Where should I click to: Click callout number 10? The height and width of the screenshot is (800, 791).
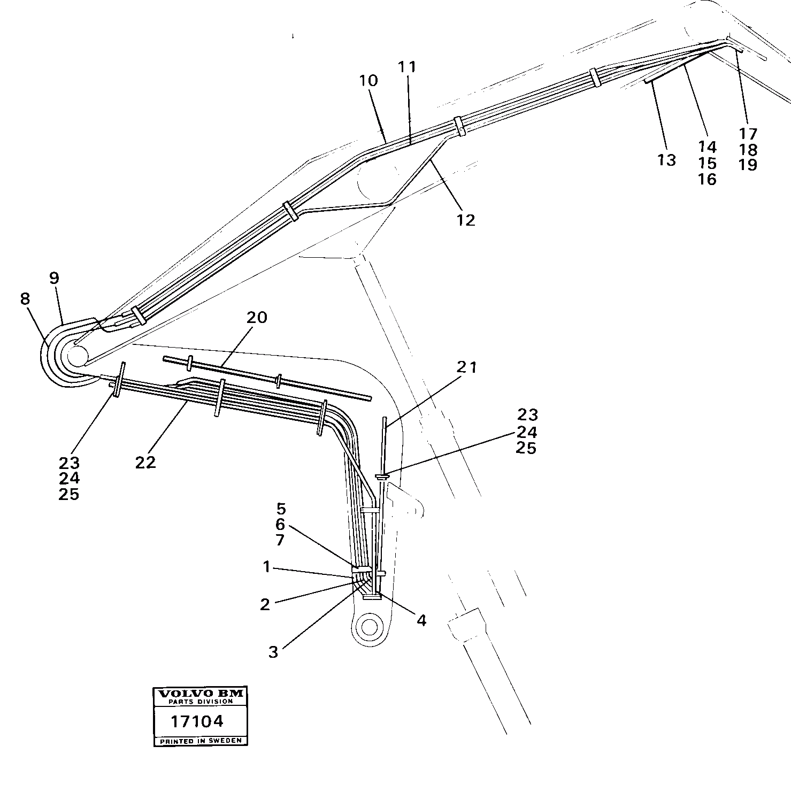pos(368,81)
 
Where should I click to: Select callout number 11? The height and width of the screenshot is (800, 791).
pos(407,67)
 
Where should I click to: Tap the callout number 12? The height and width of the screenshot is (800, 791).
pos(466,220)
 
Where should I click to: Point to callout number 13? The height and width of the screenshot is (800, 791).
pos(667,160)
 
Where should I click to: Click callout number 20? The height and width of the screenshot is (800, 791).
pos(257,318)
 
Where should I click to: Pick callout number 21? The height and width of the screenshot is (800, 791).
pos(467,367)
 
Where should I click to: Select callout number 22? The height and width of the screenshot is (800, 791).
pos(145,462)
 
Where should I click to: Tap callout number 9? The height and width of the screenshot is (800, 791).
pos(53,278)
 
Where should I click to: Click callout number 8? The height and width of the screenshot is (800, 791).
pos(25,299)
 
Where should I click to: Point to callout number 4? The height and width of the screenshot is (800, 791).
pos(421,620)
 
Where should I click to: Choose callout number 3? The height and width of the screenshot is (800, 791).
pos(273,652)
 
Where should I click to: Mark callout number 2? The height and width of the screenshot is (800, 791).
pos(265,604)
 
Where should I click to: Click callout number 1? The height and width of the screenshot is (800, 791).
pos(267,567)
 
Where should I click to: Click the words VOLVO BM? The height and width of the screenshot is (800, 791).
pos(200,694)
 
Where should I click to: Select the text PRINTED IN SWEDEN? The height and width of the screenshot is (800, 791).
pos(200,741)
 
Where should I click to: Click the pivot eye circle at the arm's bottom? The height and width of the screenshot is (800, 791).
pos(369,625)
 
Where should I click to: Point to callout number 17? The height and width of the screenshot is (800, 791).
pos(748,133)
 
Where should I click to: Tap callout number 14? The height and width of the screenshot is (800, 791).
pos(707,147)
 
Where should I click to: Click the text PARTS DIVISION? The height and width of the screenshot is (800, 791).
pos(200,701)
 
